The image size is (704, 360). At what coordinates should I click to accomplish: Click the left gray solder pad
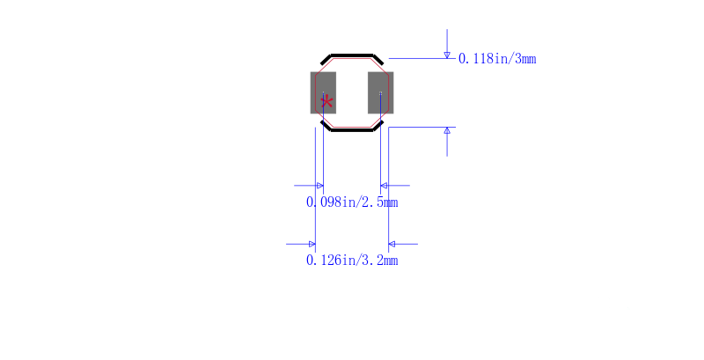[323, 92]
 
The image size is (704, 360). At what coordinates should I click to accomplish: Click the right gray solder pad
[381, 92]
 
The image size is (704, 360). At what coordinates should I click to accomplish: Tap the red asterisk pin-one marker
[326, 102]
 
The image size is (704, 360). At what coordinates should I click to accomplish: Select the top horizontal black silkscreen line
[352, 55]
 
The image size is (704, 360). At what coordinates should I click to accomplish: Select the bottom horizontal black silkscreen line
[352, 130]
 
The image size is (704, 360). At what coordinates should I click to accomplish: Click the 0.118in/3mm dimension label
[497, 59]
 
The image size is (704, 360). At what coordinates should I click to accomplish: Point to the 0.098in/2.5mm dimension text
[352, 202]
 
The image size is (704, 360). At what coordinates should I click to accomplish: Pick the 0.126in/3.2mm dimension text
[352, 261]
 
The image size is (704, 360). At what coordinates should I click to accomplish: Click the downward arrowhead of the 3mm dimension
[447, 55]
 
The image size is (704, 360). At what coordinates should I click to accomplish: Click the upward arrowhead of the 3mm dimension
[447, 130]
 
